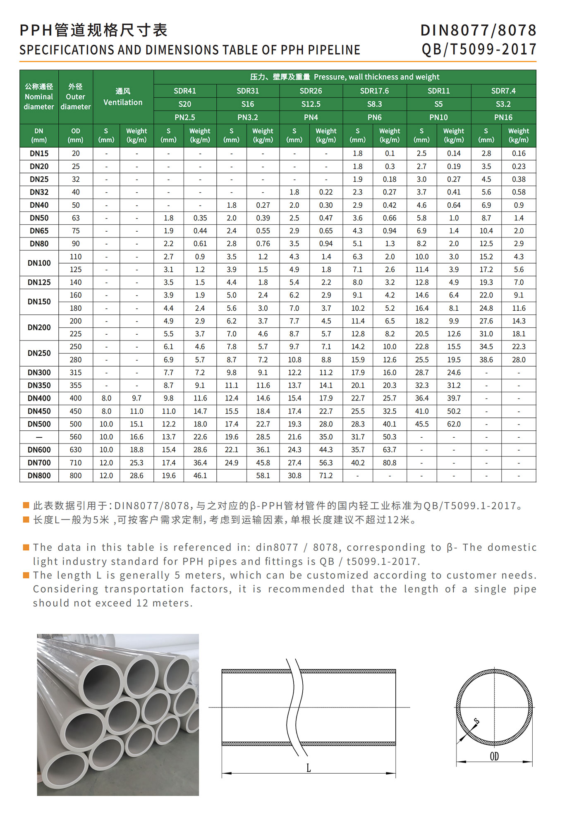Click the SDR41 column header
point(185,91)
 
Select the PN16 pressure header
point(503,117)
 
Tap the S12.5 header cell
point(311,104)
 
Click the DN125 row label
point(39,282)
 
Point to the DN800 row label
point(39,475)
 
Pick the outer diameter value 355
point(76,385)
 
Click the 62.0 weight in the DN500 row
point(454,424)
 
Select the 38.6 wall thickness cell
point(486,360)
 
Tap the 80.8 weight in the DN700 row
point(390,463)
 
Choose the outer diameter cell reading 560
point(76,437)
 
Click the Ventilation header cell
point(123,97)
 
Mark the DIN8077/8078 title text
point(478,30)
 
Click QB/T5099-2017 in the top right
point(479,50)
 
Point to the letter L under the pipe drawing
point(309,768)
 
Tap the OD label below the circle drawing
point(494,757)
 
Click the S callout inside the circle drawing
point(476,722)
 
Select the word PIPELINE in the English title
point(334,50)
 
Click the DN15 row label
point(39,153)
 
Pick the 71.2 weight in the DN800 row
point(326,475)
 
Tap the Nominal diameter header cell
point(39,97)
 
